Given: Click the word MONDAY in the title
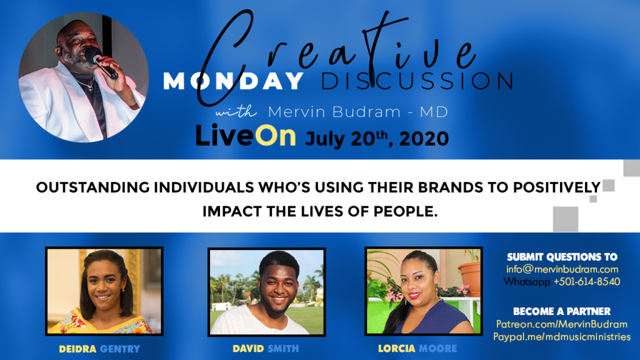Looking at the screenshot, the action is click(234, 81).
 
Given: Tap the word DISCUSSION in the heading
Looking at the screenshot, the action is click(417, 81).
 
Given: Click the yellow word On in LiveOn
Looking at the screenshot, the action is click(276, 136).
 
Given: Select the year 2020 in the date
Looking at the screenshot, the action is click(424, 139).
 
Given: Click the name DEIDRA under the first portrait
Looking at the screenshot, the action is click(77, 349).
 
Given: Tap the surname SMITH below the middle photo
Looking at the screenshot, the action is click(283, 349).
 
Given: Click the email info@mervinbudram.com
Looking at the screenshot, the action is click(562, 269).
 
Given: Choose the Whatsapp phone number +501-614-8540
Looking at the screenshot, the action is click(586, 282).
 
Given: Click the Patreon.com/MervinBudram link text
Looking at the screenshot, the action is click(562, 324).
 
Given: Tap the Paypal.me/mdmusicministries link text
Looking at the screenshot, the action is click(562, 337).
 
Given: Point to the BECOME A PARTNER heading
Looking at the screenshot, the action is click(562, 311).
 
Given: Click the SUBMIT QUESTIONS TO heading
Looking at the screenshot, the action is click(562, 257).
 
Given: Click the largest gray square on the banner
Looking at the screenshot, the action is click(565, 219).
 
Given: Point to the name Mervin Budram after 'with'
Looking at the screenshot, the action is click(335, 112).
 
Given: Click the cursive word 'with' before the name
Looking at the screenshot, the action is click(236, 111).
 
